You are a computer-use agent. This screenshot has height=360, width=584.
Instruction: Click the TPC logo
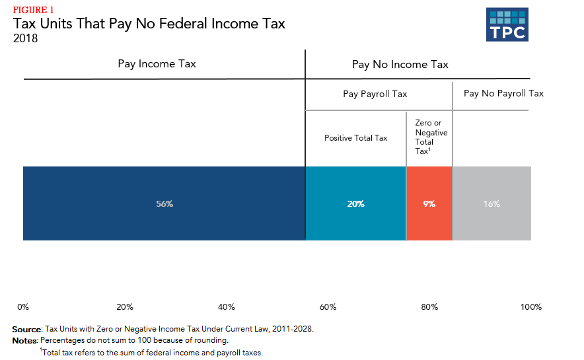tap(507, 25)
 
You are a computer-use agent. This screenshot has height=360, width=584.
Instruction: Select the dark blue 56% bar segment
tap(164, 203)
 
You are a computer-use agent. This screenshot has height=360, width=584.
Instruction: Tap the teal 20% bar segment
tap(355, 203)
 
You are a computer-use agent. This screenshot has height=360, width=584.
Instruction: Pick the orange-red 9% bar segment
tap(429, 203)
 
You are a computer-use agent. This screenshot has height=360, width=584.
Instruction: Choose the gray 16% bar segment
tap(492, 203)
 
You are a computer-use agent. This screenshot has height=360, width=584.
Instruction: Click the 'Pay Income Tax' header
tap(157, 64)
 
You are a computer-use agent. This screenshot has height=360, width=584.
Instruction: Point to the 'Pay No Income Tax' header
tap(400, 65)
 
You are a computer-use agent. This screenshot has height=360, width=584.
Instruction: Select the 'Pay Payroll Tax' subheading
tap(375, 94)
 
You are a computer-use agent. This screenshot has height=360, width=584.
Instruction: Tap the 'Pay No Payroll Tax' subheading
tap(503, 93)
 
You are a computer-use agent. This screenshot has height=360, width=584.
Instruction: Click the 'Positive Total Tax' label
tap(355, 138)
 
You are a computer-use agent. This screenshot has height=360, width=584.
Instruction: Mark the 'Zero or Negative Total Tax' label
tap(431, 137)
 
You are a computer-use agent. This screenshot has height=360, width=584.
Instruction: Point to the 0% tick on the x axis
tap(23, 307)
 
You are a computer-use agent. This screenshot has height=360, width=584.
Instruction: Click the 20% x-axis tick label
tap(125, 307)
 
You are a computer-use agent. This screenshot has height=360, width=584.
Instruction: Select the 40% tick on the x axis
tap(227, 307)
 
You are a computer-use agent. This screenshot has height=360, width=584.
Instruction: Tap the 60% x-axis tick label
tap(328, 307)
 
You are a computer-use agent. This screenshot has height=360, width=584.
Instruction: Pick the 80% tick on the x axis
tap(429, 307)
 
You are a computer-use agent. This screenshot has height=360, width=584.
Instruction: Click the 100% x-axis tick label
tap(530, 307)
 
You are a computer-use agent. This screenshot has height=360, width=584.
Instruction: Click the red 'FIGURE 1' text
tap(33, 10)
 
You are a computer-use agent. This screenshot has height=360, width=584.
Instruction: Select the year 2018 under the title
tap(25, 38)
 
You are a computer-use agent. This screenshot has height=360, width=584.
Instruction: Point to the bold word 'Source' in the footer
tap(26, 329)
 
